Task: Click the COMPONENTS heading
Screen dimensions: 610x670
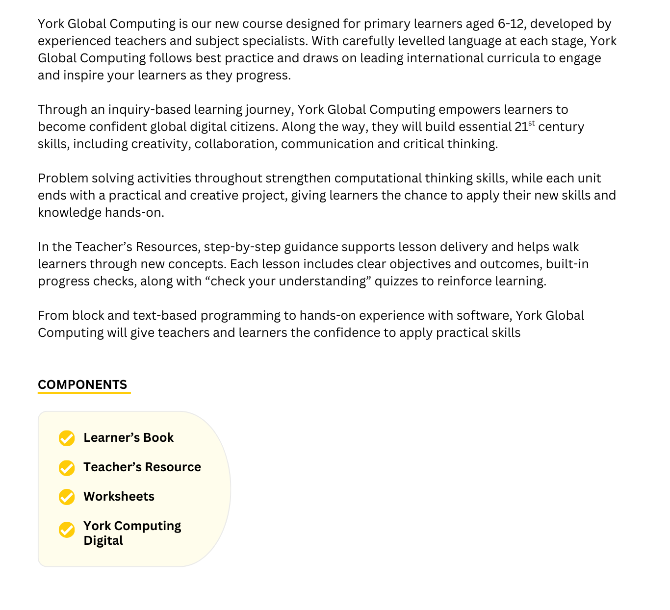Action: tap(82, 384)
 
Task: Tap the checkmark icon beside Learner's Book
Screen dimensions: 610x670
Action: tap(67, 438)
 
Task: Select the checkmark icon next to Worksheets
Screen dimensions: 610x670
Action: tap(67, 497)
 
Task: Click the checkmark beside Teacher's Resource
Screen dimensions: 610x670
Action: tap(67, 468)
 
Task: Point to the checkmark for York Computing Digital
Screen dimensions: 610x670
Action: tap(67, 530)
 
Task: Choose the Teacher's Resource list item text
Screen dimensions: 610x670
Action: tap(142, 467)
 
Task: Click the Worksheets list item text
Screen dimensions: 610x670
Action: tap(119, 497)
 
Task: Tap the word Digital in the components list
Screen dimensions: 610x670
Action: tap(103, 541)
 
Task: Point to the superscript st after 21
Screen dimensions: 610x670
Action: tap(532, 123)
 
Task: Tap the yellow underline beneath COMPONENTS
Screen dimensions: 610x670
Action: tap(84, 393)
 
